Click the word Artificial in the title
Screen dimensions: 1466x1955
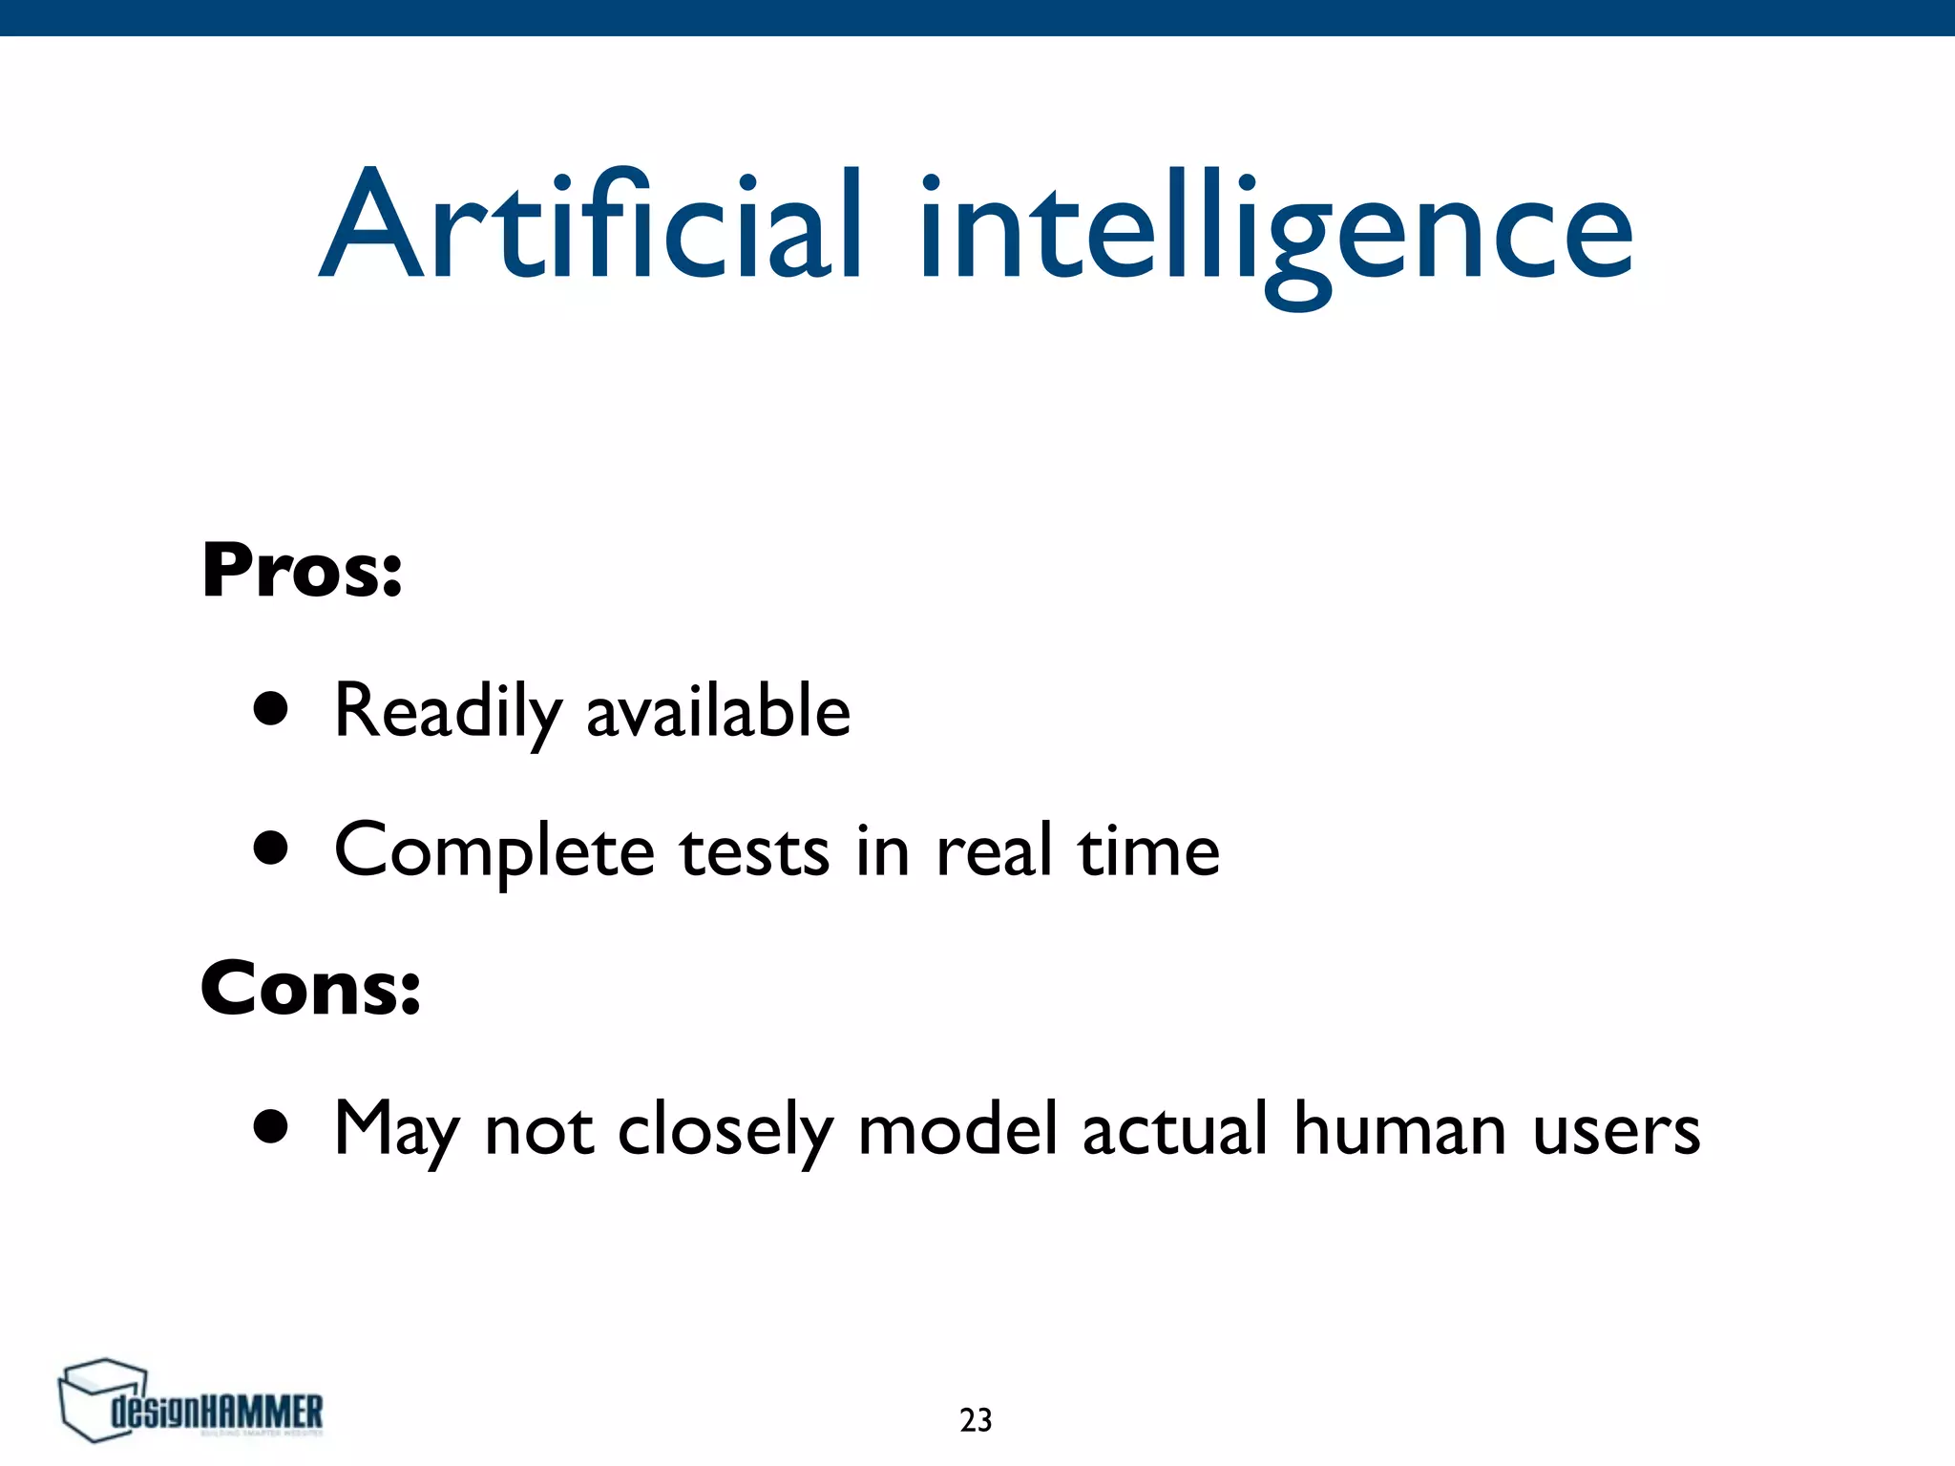592,227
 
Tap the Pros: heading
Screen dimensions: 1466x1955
302,570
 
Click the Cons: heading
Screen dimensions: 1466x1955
310,989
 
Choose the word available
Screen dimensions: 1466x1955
718,712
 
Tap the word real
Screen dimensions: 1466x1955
994,849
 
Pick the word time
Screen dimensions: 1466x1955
1148,849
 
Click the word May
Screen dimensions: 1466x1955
397,1131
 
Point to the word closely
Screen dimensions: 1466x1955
725,1131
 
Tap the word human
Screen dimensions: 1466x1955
1400,1129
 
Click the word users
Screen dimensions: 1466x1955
1616,1131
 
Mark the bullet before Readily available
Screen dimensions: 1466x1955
271,709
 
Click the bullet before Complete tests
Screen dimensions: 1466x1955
271,848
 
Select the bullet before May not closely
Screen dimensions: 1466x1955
271,1126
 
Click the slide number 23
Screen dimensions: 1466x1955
976,1420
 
